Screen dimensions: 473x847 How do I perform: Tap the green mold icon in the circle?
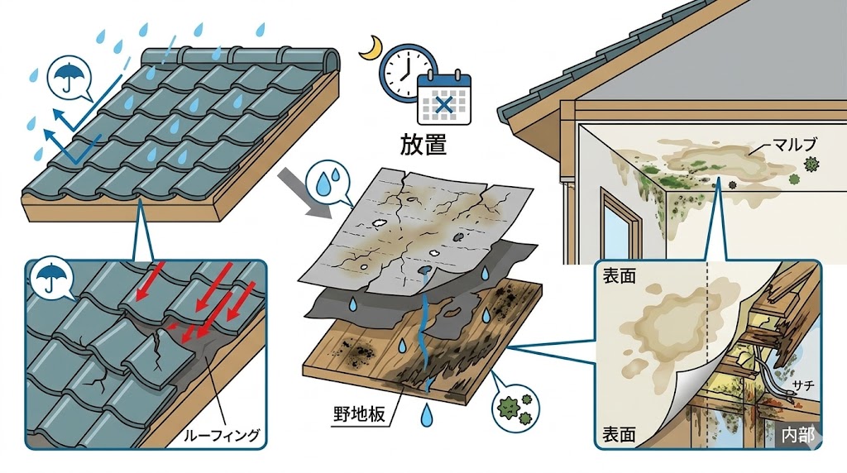510,407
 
